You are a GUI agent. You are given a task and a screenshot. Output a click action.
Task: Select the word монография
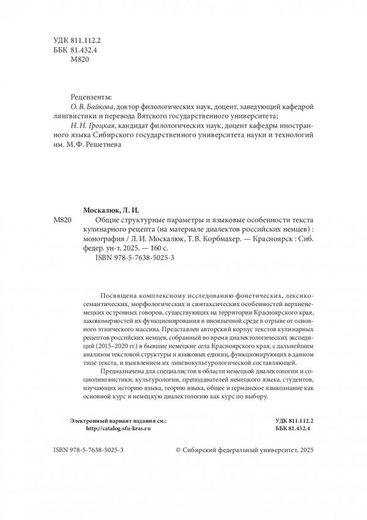coord(101,240)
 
